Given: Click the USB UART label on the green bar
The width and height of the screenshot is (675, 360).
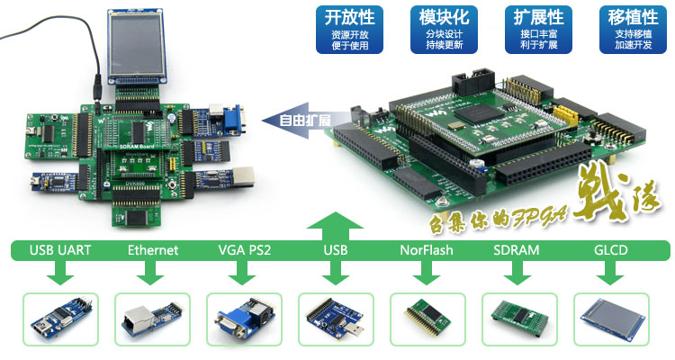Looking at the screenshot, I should [60, 250].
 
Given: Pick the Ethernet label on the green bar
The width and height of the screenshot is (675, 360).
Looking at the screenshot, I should [152, 250].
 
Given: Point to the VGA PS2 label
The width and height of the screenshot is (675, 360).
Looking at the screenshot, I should [245, 250].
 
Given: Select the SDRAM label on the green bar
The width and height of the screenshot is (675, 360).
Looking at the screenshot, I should [517, 250].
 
